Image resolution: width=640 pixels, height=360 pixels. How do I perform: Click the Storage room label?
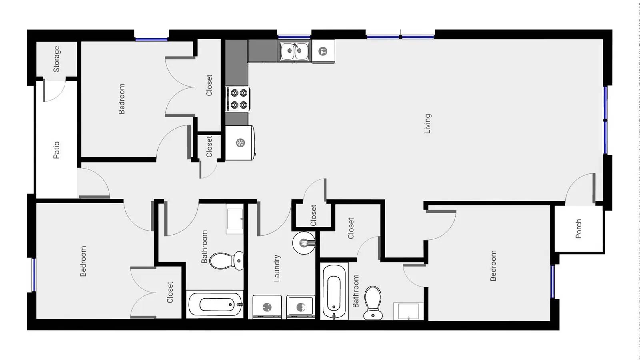point(56,59)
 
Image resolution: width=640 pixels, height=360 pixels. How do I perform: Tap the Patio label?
point(56,150)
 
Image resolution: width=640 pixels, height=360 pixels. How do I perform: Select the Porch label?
point(578,229)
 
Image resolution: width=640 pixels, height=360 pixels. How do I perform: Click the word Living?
point(428,124)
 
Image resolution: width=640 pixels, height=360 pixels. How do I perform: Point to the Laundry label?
point(276,268)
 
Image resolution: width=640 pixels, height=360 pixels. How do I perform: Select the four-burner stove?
point(238,99)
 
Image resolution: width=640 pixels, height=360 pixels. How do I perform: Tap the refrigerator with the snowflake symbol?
point(240,143)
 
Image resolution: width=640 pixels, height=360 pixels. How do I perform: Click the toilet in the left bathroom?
point(226,260)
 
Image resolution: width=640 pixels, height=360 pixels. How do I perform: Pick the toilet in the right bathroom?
point(373,302)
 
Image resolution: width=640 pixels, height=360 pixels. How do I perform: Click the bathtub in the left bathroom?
point(215,305)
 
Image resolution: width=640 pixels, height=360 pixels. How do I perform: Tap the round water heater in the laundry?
point(304,243)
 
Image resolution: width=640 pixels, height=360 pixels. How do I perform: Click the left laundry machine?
point(267,307)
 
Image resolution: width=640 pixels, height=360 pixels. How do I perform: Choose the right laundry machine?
point(300,307)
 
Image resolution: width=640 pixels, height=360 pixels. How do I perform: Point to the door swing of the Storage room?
point(54,91)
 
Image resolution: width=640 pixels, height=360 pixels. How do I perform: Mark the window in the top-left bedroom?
point(151,39)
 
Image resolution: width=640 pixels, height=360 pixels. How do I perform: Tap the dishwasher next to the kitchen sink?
point(323,51)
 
